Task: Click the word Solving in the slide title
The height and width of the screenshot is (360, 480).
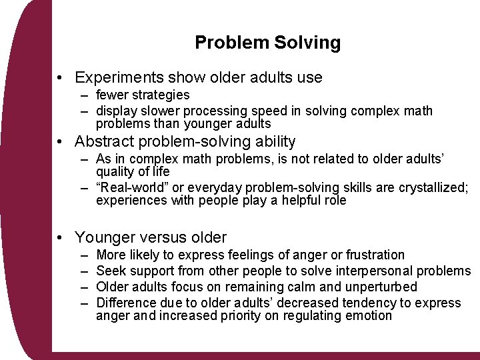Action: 307,43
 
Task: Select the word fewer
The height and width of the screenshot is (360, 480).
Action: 114,95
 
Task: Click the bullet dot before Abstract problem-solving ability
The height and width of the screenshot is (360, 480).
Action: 61,142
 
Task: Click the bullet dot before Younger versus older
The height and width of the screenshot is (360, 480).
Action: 61,237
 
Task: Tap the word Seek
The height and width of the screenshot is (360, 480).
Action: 110,271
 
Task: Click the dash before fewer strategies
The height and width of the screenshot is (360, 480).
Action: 86,95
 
